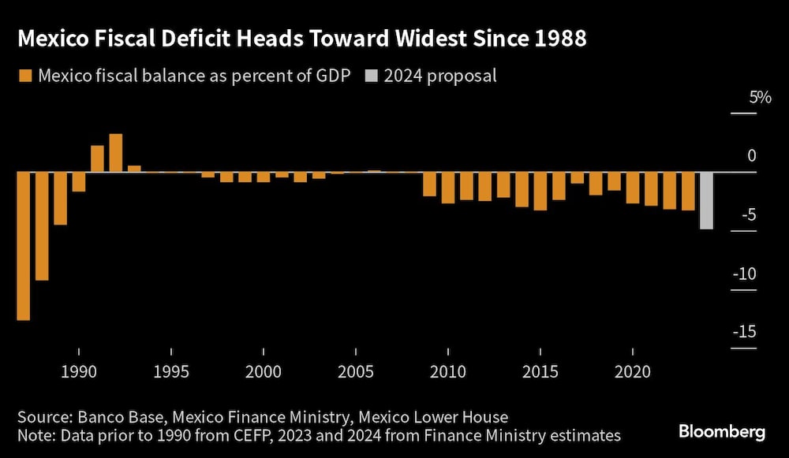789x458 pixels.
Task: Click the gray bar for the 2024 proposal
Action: [706, 200]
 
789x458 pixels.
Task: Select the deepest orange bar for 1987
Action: [23, 246]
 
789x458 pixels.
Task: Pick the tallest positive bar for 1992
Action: [115, 153]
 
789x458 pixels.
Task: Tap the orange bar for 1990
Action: [78, 182]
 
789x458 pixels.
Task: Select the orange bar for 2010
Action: [447, 188]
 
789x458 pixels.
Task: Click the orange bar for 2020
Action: [632, 188]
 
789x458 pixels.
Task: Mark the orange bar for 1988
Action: [42, 226]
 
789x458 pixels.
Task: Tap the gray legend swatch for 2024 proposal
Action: [371, 76]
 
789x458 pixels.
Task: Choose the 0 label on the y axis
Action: [752, 156]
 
